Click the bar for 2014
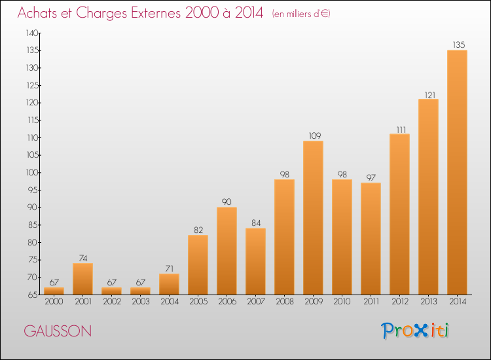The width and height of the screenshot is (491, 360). [x=457, y=172]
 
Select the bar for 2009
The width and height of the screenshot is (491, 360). [x=313, y=217]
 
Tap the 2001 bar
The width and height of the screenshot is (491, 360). [x=82, y=279]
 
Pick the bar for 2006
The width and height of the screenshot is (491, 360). [x=227, y=251]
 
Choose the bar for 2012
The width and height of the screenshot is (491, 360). [x=399, y=214]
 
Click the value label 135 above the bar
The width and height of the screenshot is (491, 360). [x=459, y=45]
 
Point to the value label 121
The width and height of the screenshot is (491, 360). [x=430, y=95]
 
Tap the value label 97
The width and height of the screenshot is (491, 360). [x=371, y=177]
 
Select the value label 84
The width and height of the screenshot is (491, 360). [x=256, y=223]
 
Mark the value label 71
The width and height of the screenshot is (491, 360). [x=170, y=268]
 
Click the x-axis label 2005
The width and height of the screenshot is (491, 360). [x=198, y=302]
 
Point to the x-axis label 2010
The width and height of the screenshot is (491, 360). [x=342, y=302]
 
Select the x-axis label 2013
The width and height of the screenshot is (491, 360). [x=428, y=302]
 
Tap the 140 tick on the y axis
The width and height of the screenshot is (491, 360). [x=32, y=33]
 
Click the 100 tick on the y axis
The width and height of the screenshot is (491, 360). [x=32, y=173]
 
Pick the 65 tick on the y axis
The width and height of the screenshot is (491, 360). [x=33, y=295]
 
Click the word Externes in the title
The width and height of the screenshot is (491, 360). [x=156, y=13]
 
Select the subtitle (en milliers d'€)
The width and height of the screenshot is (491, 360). [x=301, y=14]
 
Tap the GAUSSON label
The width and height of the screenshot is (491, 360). [x=58, y=331]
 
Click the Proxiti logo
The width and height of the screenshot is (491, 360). [x=415, y=331]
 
